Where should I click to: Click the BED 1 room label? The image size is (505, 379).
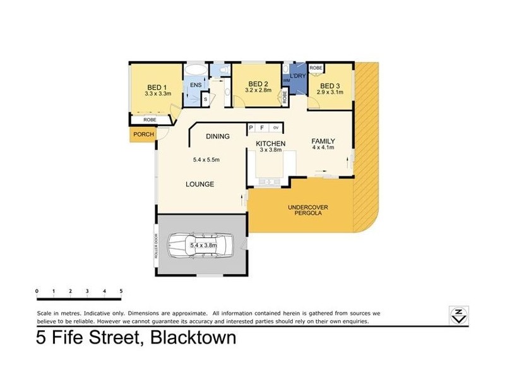point(157,88)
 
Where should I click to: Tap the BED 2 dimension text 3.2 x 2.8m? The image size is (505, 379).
point(258,90)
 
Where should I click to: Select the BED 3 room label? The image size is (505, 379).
point(330,86)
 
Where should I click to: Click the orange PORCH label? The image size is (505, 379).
point(143,134)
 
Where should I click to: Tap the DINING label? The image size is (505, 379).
point(218,136)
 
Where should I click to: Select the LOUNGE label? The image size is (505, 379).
point(199,184)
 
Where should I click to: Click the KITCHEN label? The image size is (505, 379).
point(270,144)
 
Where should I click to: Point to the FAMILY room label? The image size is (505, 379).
point(323,141)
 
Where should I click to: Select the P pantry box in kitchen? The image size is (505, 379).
point(251,128)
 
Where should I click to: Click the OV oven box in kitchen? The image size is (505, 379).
point(276,128)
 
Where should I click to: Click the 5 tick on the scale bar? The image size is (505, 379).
point(121,292)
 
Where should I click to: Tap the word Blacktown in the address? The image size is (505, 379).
point(193,338)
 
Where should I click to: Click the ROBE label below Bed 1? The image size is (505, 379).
point(150,119)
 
